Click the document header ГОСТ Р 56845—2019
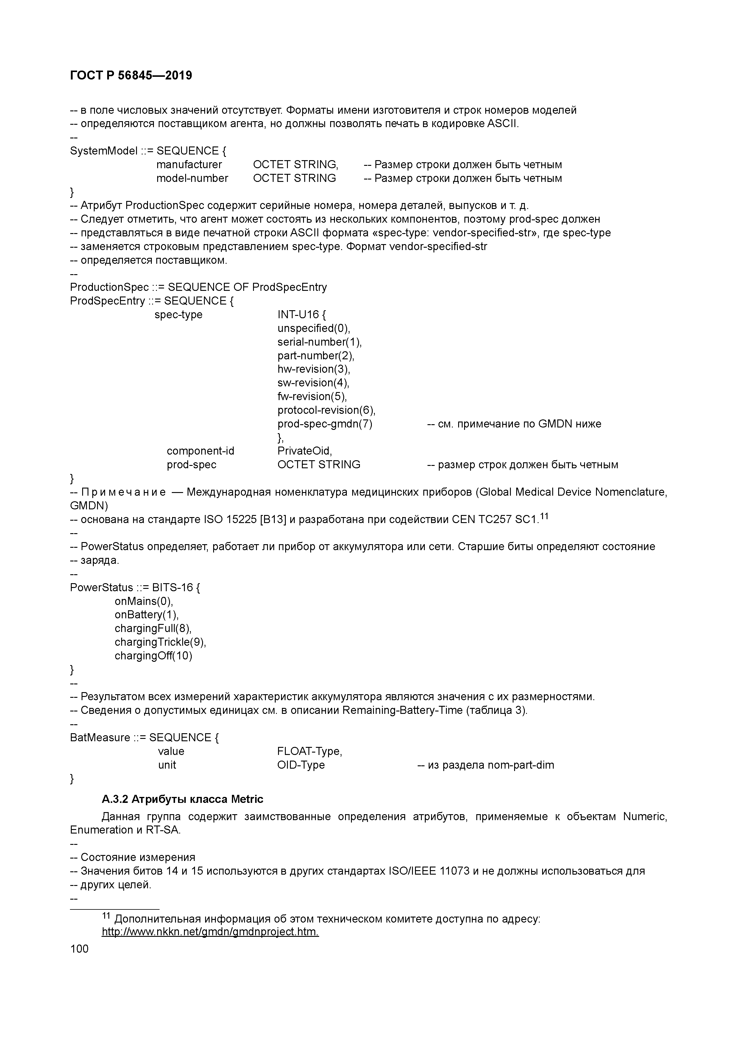(131, 76)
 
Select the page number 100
(79, 948)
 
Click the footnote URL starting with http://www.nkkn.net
(210, 932)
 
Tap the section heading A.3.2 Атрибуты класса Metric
(182, 799)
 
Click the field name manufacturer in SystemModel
(189, 165)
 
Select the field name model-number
(192, 178)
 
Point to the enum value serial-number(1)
(319, 342)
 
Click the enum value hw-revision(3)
(314, 369)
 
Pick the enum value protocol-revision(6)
(326, 410)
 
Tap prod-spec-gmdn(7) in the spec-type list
(325, 424)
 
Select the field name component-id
(201, 451)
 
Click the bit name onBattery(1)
(146, 615)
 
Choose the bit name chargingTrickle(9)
(160, 642)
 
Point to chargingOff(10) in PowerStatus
(153, 656)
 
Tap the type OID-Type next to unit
(301, 765)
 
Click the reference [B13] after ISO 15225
(273, 519)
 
